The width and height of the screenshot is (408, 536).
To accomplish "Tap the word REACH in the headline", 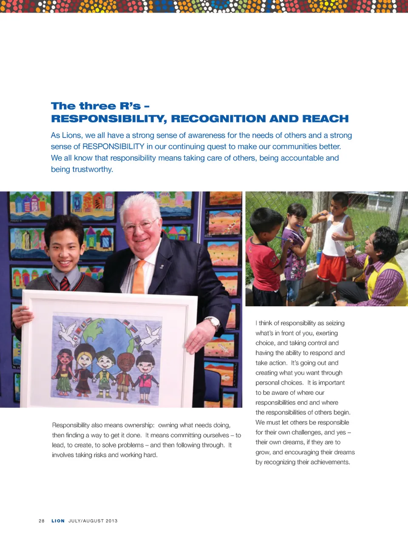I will [x=325, y=119].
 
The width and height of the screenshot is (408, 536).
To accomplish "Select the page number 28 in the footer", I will [x=41, y=521].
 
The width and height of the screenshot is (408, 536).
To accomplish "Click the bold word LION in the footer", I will [x=58, y=521].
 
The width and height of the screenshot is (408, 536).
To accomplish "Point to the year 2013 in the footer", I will [x=111, y=521].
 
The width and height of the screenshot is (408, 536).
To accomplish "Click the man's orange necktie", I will [x=139, y=277].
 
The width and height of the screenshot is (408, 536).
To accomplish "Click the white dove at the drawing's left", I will [x=68, y=331].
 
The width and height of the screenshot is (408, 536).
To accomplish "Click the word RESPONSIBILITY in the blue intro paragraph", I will [x=113, y=147].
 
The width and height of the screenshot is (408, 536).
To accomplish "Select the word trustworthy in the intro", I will [x=92, y=169].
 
